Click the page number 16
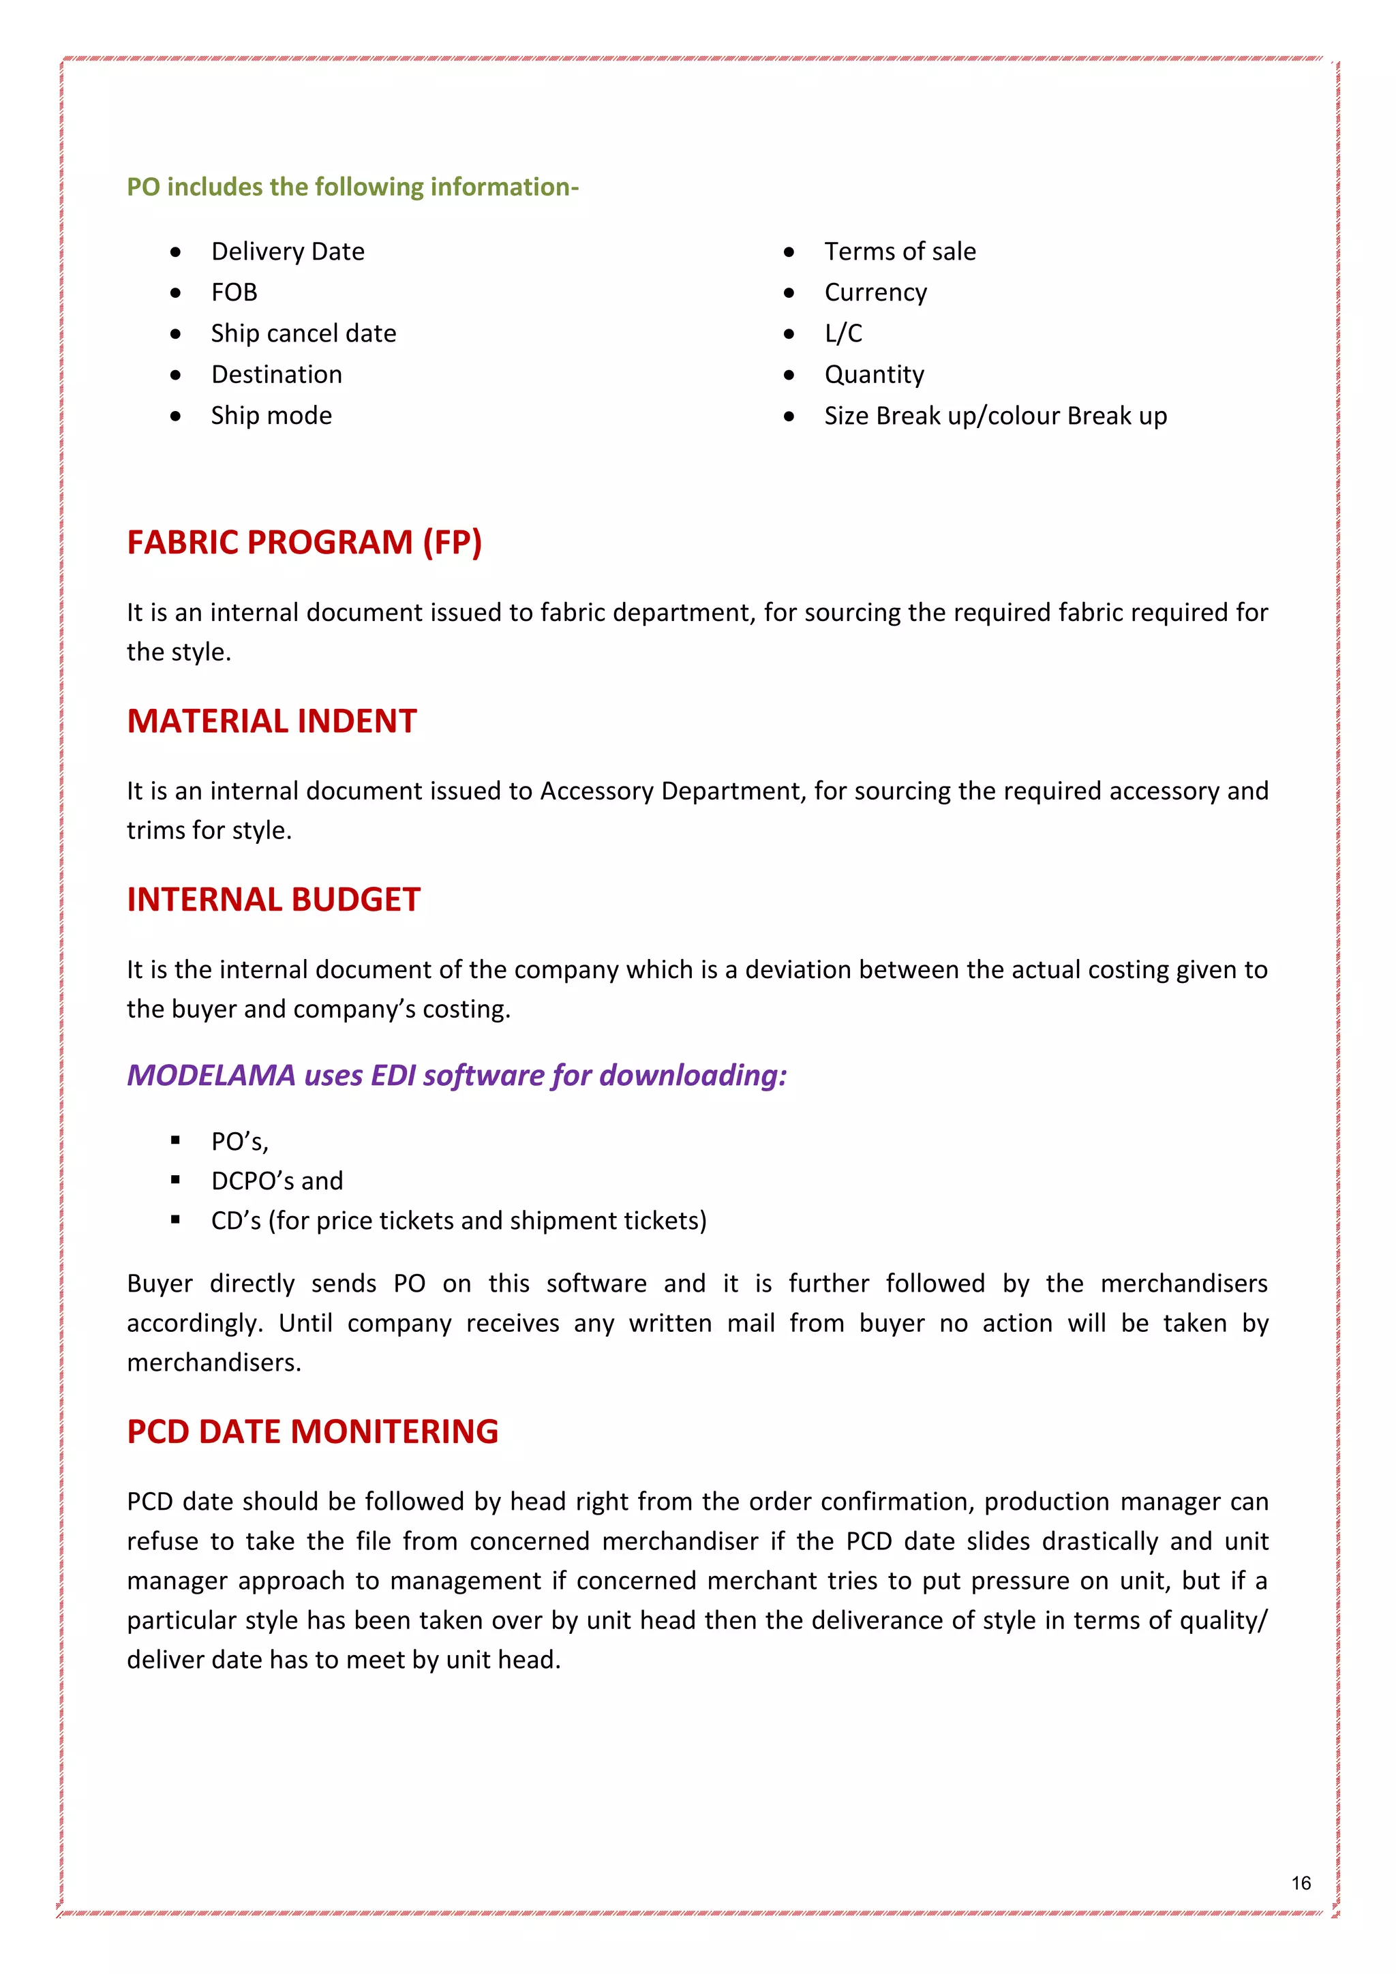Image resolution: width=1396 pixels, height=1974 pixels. coord(1301,1883)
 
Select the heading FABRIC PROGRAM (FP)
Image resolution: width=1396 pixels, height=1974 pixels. coord(304,543)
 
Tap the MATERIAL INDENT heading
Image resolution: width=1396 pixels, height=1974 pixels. coord(272,721)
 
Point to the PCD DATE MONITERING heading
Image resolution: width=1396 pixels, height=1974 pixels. coord(312,1431)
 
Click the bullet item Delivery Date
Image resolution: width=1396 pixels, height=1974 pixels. coord(288,252)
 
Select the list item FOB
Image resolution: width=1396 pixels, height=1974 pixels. coord(234,293)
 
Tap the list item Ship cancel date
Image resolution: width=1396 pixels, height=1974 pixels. coord(303,333)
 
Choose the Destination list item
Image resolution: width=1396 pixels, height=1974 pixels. coord(277,375)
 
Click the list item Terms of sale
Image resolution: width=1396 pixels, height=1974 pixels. coord(900,252)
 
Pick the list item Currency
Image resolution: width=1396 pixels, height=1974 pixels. coord(875,293)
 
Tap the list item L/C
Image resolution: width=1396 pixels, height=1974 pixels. coord(843,333)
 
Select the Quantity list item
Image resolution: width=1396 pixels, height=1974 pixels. coord(875,375)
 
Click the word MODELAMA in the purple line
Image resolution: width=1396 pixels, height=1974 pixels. coord(211,1076)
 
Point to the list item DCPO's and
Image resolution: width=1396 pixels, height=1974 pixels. coord(277,1181)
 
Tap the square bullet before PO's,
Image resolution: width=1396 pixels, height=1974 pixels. coord(175,1140)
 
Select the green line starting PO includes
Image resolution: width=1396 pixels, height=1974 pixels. coord(352,187)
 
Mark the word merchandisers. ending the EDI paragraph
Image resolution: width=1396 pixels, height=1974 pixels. coord(214,1363)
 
